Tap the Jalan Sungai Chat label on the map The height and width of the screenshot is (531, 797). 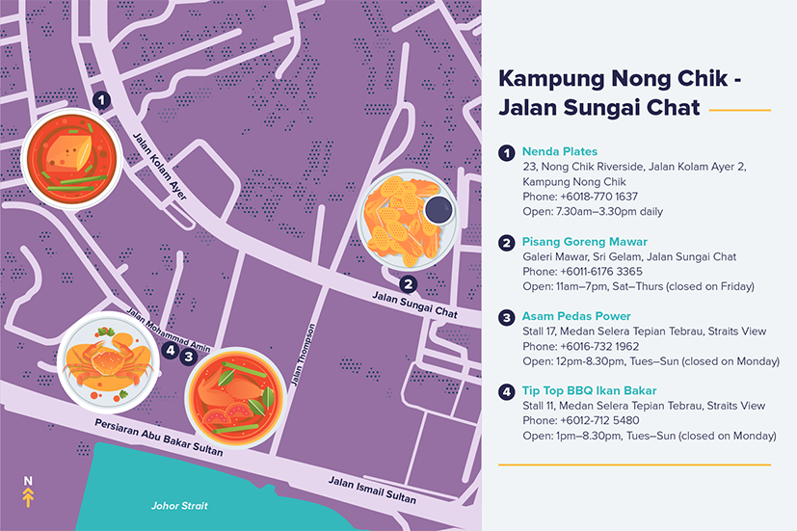414,305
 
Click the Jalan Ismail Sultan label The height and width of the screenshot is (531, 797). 372,490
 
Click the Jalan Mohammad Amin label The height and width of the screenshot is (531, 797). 170,327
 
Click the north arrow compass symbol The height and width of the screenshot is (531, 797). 28,492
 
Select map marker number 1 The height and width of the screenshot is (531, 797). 102,98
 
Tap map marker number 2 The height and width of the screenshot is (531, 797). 409,283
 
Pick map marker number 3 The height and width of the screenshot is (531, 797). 190,355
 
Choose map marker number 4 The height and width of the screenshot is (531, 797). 171,352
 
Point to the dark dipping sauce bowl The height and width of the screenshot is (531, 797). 438,209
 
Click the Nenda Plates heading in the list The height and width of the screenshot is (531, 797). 559,151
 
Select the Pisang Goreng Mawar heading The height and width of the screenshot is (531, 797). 584,241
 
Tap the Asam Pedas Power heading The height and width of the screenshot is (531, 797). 575,316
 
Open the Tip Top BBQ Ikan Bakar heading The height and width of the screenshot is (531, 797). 589,390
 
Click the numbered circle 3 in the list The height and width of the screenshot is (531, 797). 506,316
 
